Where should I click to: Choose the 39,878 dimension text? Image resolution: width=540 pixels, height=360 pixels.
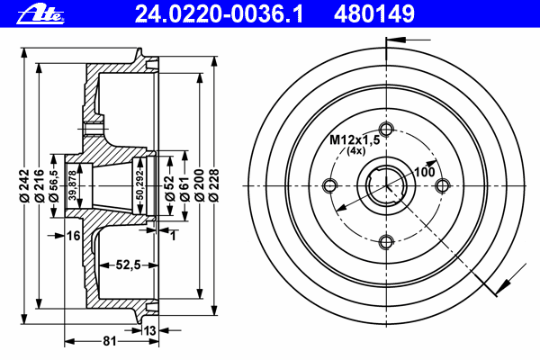point(72,186)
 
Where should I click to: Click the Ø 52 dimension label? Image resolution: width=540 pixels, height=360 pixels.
point(168,186)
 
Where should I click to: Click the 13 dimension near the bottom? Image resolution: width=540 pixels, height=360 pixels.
point(150,330)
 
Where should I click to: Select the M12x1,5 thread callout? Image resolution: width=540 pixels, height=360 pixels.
point(354,139)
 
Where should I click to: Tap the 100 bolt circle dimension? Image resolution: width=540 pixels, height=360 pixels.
point(424,171)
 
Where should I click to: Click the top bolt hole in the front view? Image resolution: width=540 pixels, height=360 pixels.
point(387,127)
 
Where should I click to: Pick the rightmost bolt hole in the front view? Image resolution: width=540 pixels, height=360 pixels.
point(442,185)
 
